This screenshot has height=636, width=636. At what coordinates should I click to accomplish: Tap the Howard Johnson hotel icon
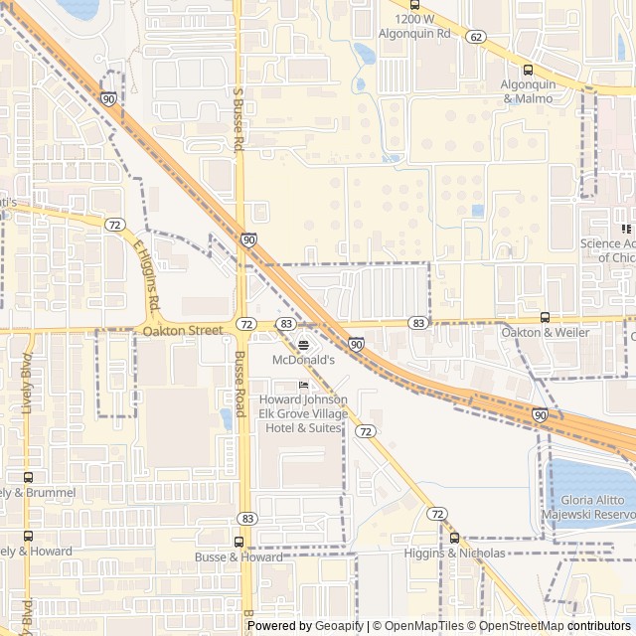303,385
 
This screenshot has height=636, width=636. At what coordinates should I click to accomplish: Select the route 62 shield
477,37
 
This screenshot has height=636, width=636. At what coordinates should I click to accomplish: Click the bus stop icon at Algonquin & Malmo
528,70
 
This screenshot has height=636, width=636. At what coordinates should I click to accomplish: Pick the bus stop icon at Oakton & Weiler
545,317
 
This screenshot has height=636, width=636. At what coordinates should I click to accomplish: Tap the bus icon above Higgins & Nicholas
454,538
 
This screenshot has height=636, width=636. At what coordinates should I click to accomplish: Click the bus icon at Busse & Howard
238,542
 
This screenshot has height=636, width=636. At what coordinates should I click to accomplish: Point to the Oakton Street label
183,330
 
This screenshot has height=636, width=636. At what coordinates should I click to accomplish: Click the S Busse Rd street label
238,119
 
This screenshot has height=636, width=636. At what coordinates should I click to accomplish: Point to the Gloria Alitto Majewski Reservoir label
587,507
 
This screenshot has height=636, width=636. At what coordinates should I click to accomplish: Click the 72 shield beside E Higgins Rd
115,226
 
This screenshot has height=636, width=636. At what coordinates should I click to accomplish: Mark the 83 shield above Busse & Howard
247,519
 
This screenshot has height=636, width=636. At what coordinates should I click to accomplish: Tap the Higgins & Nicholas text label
454,554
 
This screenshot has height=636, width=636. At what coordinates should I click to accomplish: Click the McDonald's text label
303,360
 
